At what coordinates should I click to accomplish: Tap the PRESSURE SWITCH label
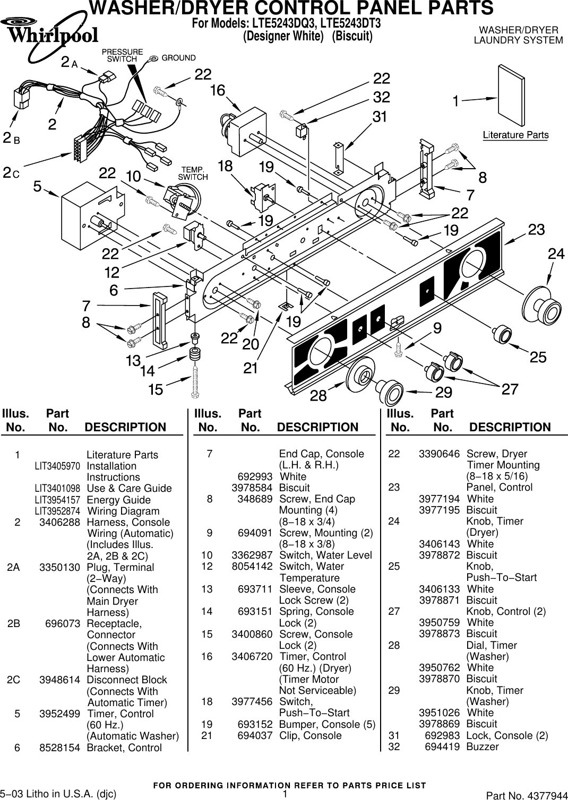[122, 56]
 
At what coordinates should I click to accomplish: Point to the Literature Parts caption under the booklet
[515, 135]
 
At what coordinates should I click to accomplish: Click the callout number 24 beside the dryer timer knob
[555, 255]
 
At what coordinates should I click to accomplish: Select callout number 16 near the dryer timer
[217, 91]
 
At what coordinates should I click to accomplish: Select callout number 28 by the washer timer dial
[318, 396]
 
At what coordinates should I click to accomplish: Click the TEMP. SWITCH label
[193, 173]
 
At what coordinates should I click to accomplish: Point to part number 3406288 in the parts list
[59, 523]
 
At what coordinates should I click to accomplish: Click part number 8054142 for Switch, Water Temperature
[252, 567]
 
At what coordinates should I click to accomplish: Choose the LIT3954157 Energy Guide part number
[57, 500]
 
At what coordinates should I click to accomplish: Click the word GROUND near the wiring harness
[178, 58]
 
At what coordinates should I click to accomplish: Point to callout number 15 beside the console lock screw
[156, 390]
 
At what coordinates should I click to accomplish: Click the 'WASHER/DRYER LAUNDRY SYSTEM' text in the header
[518, 35]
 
